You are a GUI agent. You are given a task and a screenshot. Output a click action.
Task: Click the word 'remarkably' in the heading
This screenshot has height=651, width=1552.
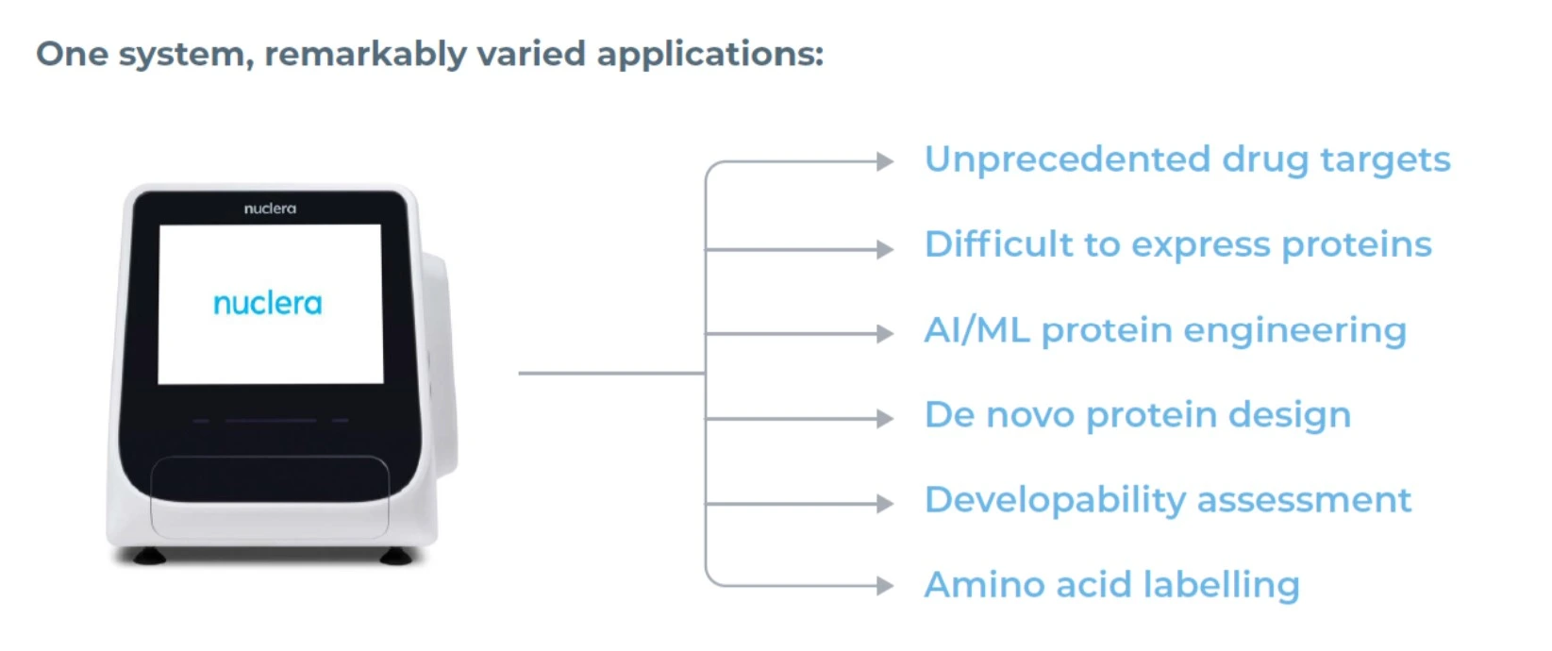pos(366,55)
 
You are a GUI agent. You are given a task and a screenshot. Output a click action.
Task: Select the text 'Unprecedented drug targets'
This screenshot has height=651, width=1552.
pos(1187,160)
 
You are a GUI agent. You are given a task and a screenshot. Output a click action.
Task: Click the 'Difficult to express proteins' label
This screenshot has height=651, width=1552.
pos(1177,245)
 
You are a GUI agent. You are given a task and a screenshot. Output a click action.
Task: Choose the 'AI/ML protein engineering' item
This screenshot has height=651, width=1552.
pos(1165,330)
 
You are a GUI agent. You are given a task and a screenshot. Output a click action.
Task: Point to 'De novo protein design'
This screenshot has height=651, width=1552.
pos(1138,415)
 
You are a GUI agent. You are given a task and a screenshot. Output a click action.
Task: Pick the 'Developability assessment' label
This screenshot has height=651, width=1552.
pos(1167,501)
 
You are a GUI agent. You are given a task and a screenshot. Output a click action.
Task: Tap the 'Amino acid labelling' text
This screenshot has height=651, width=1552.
pos(1112,585)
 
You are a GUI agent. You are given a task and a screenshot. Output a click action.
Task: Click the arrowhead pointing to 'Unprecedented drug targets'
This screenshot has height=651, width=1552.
pos(885,161)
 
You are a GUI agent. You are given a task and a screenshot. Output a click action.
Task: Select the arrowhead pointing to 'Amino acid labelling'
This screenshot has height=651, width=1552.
pos(885,586)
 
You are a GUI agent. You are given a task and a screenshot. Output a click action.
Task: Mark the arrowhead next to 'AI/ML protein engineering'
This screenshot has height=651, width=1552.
pos(885,333)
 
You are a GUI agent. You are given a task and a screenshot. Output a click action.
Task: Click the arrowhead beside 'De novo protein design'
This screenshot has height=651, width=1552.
pos(885,418)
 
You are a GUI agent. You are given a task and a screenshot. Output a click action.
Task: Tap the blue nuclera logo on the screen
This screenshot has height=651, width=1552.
pos(268,304)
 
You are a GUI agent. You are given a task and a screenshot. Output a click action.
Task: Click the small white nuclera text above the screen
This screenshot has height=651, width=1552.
pos(270,209)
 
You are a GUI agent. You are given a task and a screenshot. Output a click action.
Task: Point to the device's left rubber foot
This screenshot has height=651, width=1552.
pos(148,556)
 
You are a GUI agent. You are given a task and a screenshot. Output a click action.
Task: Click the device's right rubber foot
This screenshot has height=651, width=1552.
pos(395,556)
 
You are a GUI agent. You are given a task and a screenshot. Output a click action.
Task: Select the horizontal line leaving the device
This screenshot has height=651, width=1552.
pos(611,374)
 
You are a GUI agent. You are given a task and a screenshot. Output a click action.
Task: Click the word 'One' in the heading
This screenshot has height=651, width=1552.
pos(72,55)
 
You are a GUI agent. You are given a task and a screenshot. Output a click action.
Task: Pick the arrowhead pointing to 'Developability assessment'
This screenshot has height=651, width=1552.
pos(885,504)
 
